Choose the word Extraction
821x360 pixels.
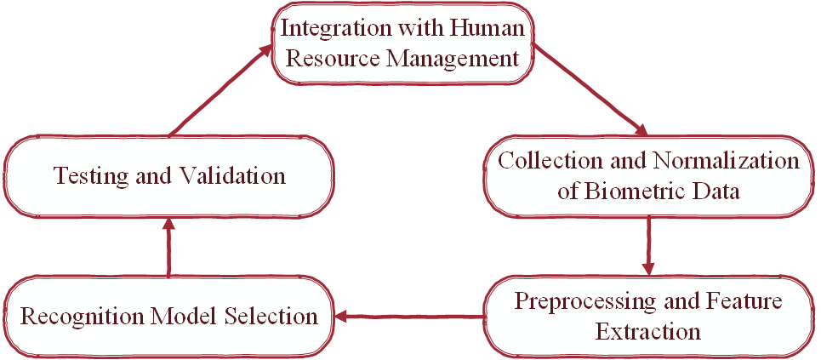pyautogui.click(x=648, y=331)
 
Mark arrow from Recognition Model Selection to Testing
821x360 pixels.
pyautogui.click(x=168, y=247)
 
